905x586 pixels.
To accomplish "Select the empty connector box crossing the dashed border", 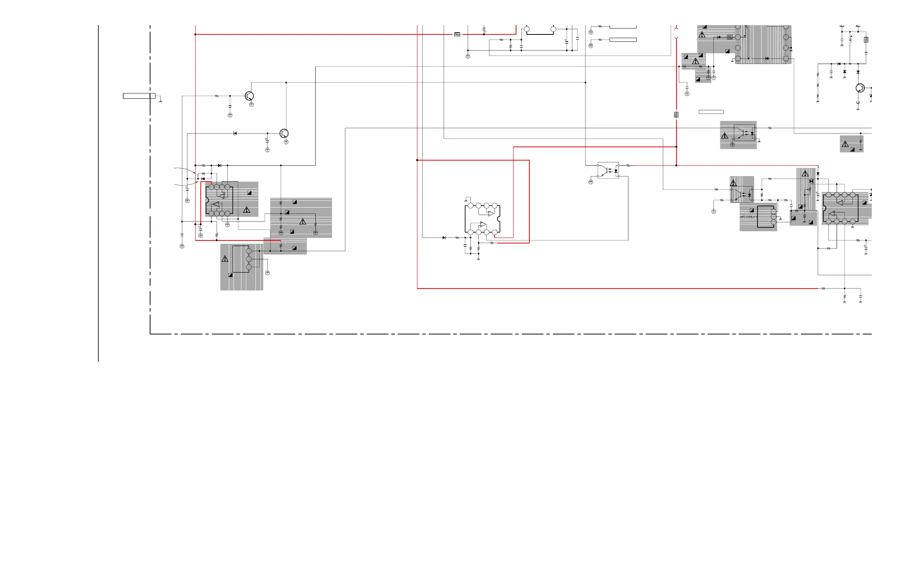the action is [x=139, y=96].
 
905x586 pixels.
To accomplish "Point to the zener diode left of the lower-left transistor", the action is [x=235, y=133].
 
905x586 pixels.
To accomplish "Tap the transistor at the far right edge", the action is [x=860, y=88].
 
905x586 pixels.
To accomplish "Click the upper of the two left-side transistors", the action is [x=249, y=96].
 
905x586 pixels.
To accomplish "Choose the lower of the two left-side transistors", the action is [x=284, y=133].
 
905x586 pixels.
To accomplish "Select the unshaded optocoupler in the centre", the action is [x=608, y=171].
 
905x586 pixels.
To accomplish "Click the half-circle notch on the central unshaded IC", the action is [x=499, y=219].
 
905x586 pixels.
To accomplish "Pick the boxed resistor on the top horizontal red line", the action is [x=457, y=34].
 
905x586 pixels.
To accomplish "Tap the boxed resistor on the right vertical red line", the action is [x=676, y=115].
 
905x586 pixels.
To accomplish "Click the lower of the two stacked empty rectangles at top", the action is [x=623, y=40].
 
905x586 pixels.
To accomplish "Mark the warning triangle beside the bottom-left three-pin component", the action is [x=225, y=259].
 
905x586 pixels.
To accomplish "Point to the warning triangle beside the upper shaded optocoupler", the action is [x=725, y=136].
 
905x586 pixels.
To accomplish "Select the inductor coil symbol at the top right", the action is [x=851, y=39].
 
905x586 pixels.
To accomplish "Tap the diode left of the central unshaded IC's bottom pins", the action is [x=444, y=238].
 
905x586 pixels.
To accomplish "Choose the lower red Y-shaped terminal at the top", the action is [x=677, y=38].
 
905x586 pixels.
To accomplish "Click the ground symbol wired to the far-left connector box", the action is [x=160, y=101].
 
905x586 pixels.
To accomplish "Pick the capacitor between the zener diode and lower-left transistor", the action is [x=267, y=141].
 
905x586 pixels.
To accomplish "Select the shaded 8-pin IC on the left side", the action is [x=219, y=200].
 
